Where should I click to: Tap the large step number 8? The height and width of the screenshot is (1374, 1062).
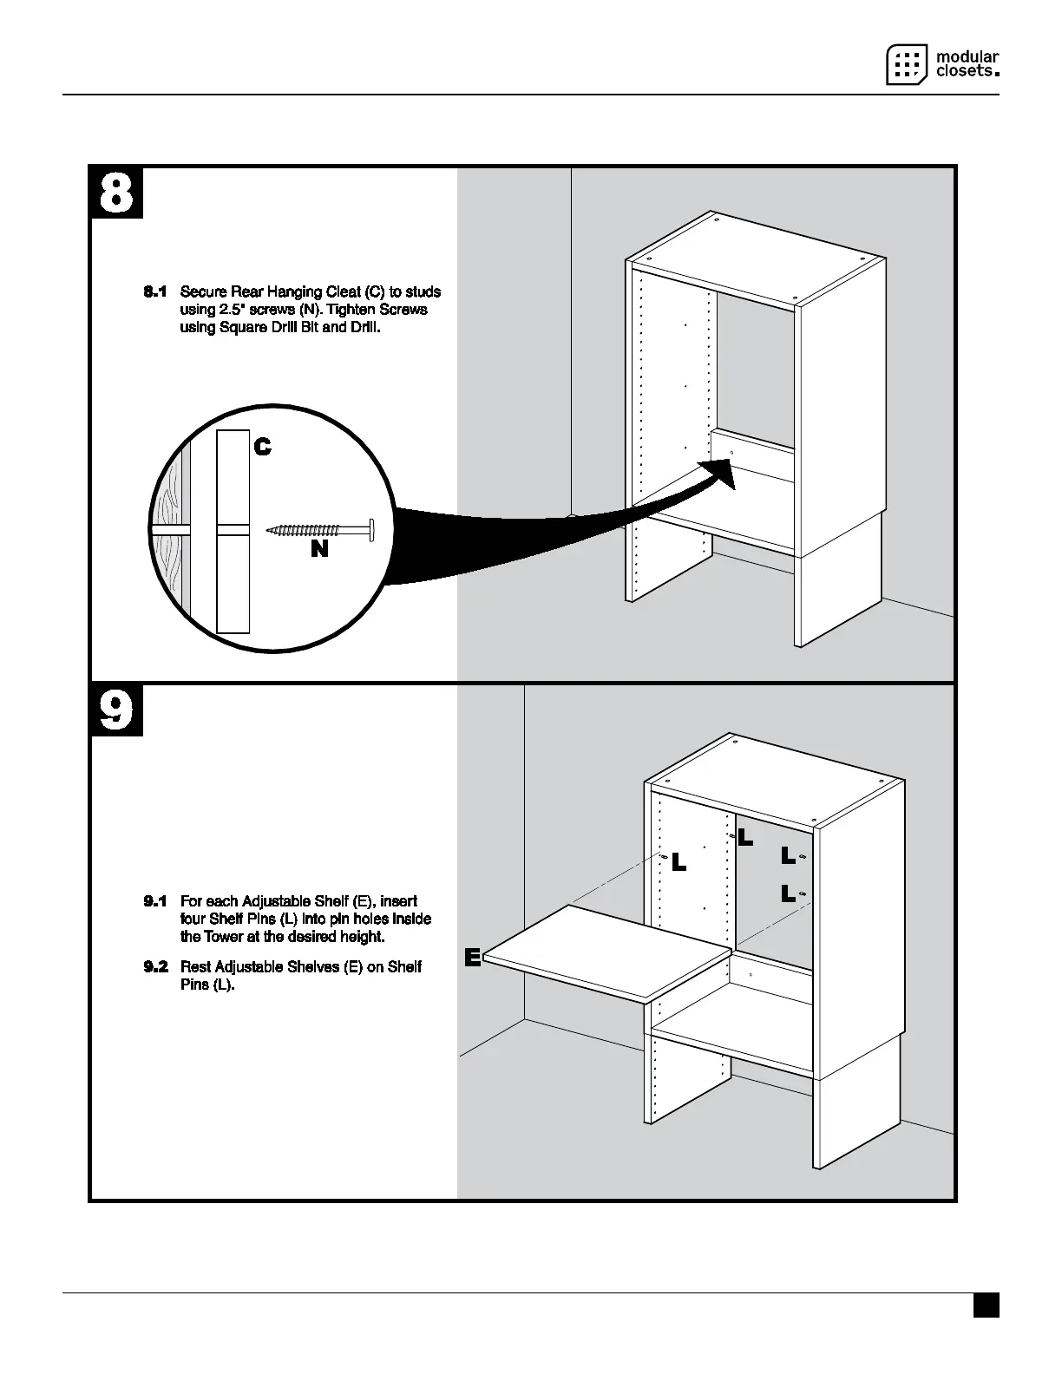116,193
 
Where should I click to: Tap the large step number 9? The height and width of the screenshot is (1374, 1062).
116,711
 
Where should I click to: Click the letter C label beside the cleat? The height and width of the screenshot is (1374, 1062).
262,447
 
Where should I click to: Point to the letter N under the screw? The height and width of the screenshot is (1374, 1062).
319,548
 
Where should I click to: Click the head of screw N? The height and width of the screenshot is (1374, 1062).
372,529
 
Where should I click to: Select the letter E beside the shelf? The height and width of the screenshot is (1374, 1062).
473,958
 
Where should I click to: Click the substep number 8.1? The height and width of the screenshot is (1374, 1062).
156,291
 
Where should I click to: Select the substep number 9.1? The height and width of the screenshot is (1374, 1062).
156,901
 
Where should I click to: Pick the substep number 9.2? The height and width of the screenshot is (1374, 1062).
156,966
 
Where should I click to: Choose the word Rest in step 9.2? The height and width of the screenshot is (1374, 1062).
195,966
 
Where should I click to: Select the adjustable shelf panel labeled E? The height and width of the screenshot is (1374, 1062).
607,952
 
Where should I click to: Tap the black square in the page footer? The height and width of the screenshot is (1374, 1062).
986,1305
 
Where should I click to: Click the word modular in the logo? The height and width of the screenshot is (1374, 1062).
967,57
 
